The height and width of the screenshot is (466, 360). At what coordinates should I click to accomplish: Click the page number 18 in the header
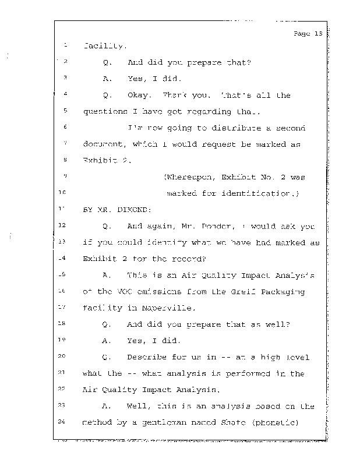click(317, 33)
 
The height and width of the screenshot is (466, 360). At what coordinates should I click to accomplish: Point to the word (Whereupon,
click(188, 177)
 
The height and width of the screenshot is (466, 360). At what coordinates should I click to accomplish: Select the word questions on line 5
click(105, 111)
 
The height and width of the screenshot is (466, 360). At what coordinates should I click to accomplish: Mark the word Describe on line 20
click(146, 356)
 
